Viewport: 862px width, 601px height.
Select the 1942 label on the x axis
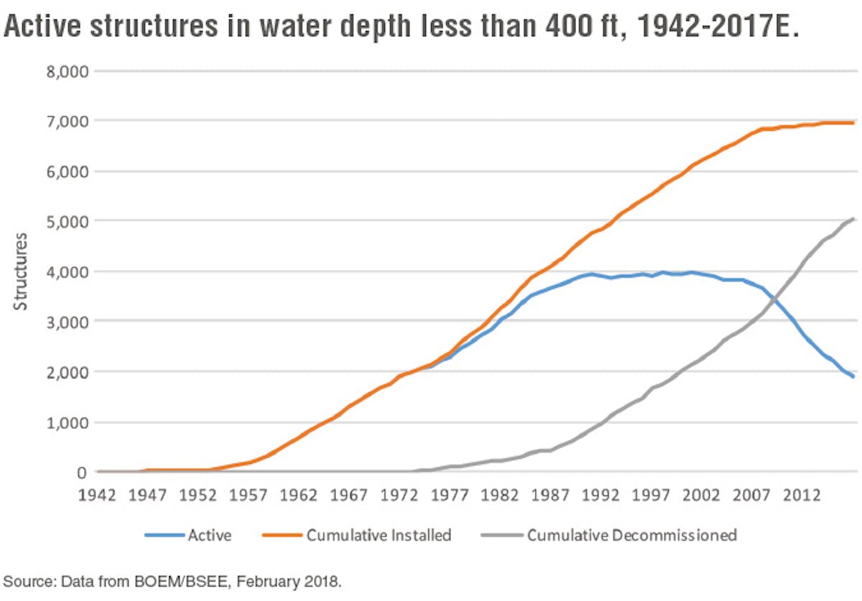pos(98,495)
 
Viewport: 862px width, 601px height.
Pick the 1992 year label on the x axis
pos(601,495)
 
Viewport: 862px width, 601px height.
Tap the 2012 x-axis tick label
pos(802,495)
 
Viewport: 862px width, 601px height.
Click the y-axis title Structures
pos(21,271)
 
